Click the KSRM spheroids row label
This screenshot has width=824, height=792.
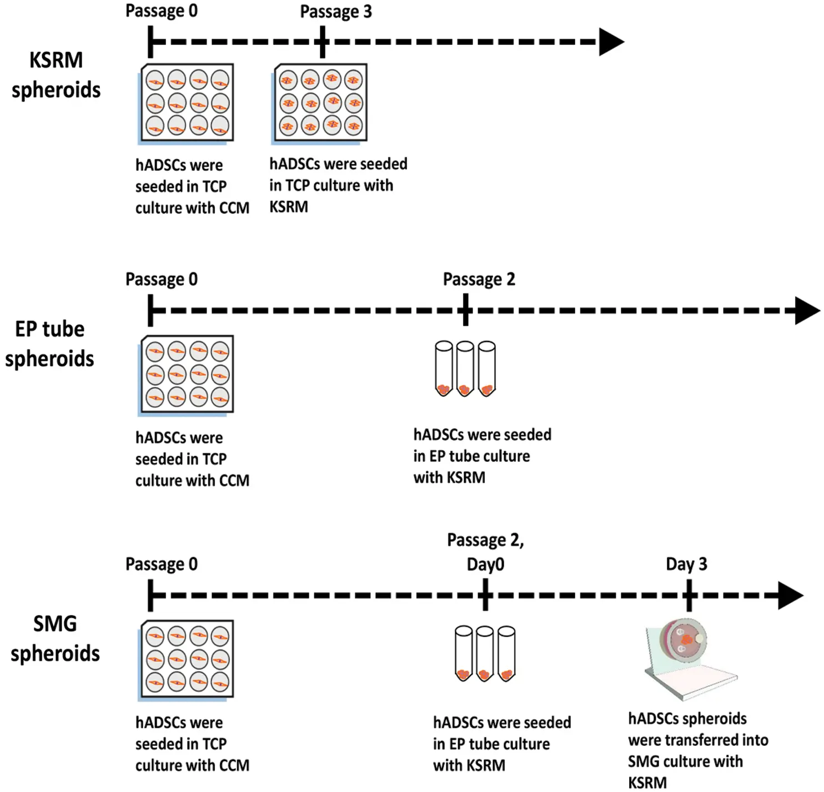click(x=56, y=75)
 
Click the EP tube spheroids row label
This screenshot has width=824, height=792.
click(x=49, y=344)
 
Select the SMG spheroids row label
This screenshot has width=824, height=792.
click(x=55, y=638)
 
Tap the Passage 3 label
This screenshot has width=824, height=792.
click(x=336, y=12)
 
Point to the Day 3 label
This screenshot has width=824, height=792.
click(x=686, y=564)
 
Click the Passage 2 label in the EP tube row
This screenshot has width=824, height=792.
click(x=479, y=279)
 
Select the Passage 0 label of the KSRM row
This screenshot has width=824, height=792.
click(x=161, y=11)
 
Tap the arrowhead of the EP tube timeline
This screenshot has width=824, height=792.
click(x=807, y=311)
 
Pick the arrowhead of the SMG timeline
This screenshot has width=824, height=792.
click(x=790, y=596)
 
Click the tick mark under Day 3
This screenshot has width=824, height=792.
click(x=689, y=596)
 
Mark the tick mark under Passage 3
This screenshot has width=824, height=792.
click(x=323, y=42)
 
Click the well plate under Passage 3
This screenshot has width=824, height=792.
click(x=321, y=103)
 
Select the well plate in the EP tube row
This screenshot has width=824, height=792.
click(x=187, y=375)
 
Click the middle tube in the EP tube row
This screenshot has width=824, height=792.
click(x=465, y=369)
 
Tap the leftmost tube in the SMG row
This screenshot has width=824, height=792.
click(x=463, y=654)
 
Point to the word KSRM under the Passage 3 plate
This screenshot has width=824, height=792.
click(x=289, y=206)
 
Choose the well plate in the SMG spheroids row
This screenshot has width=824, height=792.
click(x=187, y=659)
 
